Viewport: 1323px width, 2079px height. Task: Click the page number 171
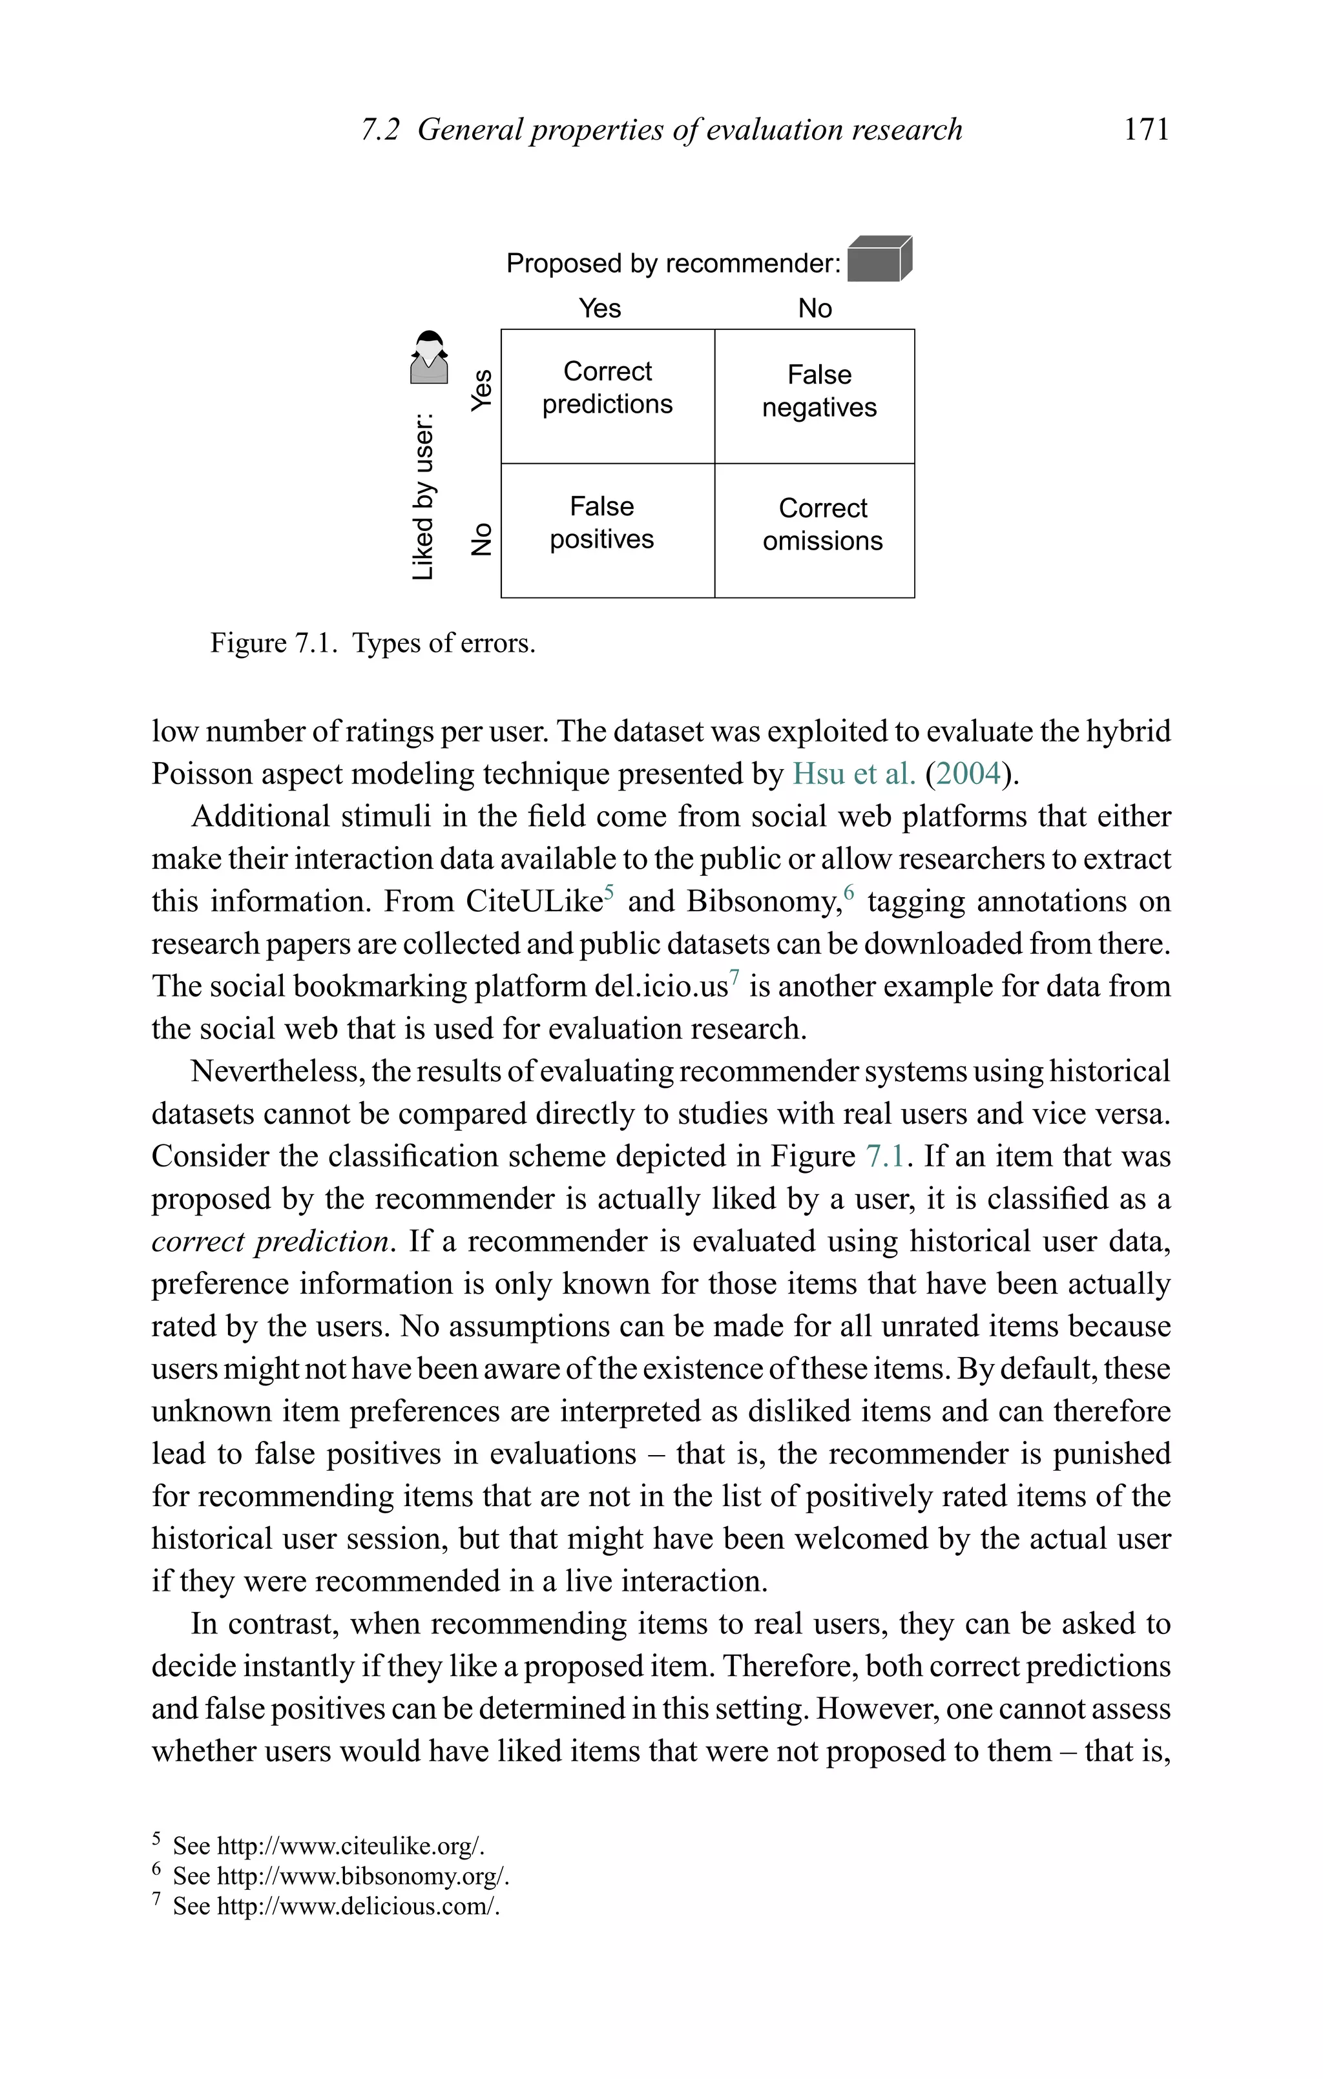tap(1146, 130)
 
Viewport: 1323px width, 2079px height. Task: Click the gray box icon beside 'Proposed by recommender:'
tap(879, 258)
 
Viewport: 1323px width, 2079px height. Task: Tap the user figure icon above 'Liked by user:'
tap(429, 357)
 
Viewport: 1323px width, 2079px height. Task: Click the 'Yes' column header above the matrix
tap(599, 308)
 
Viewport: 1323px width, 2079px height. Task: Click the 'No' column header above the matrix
tap(815, 308)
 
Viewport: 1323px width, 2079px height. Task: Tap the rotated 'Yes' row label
tap(482, 389)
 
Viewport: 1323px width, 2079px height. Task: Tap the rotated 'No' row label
tap(482, 539)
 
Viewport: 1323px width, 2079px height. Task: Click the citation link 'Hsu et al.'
tap(853, 774)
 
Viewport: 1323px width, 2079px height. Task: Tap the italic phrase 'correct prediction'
tap(269, 1241)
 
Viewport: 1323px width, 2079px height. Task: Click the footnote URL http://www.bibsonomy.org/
tap(362, 1876)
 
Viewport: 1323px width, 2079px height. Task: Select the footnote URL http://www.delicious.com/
tap(357, 1907)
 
